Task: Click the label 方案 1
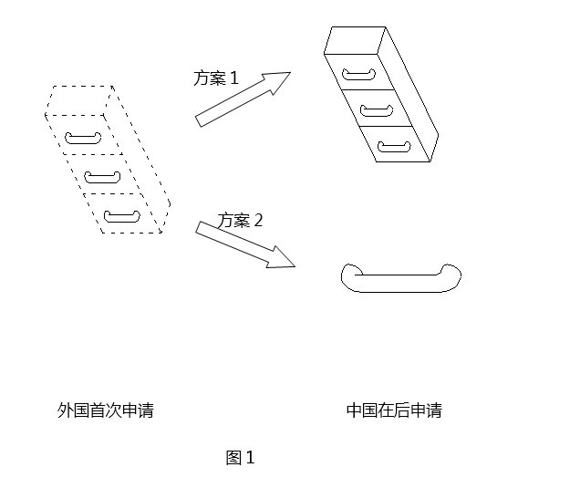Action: [216, 78]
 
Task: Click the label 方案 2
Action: [240, 221]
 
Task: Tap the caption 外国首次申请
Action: [106, 410]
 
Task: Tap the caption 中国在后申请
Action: [394, 410]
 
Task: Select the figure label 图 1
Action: [241, 458]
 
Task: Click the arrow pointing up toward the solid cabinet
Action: [243, 99]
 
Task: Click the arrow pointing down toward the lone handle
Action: [245, 244]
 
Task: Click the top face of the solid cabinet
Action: [355, 40]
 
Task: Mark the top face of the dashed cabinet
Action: [78, 100]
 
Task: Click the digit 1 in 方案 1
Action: [234, 78]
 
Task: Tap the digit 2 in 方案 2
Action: [258, 221]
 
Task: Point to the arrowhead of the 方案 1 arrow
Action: [278, 82]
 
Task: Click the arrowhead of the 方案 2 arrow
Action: [281, 258]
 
